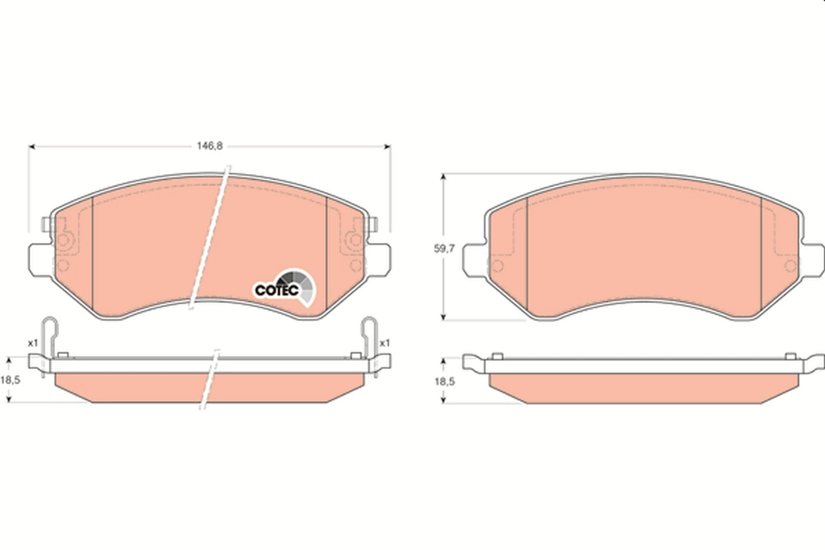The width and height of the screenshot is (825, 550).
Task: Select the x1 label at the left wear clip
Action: pos(31,342)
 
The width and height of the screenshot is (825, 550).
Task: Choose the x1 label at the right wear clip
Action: pos(385,342)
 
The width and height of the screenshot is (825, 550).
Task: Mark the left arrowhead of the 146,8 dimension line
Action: pos(31,146)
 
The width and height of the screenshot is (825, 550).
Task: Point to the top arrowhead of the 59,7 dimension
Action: pos(444,177)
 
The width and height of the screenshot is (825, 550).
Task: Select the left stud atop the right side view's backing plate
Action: pos(497,356)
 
